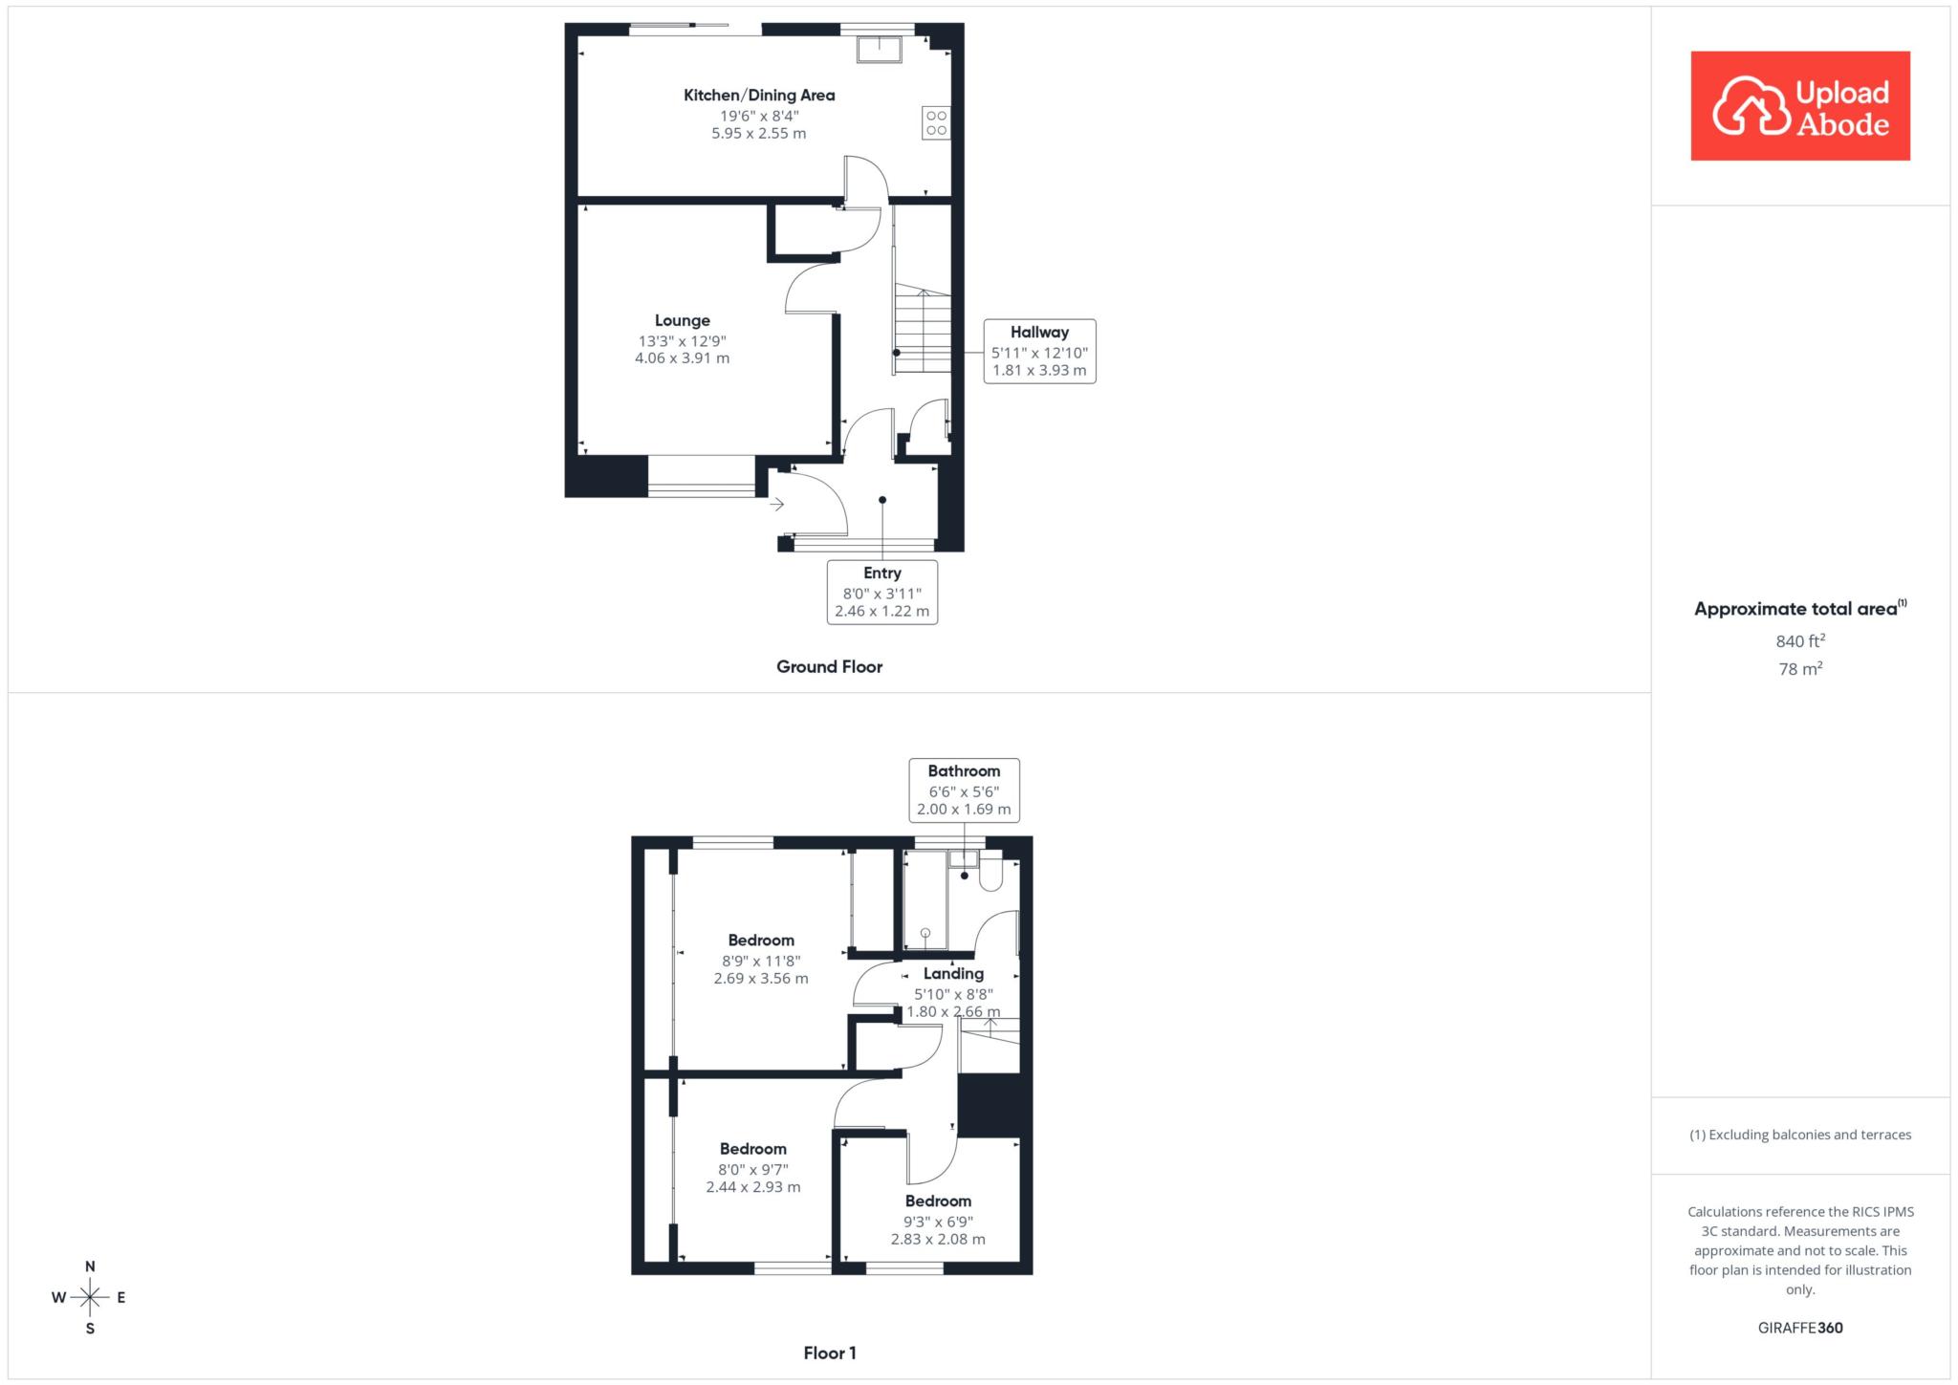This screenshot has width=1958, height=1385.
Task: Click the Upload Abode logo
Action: pyautogui.click(x=1800, y=106)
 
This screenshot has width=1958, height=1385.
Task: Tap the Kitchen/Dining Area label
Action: pyautogui.click(x=759, y=95)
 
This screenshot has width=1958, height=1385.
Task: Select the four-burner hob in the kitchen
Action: pyautogui.click(x=936, y=123)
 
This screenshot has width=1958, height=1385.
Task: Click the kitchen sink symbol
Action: pyautogui.click(x=879, y=49)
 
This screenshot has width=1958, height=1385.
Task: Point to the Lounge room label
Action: pyautogui.click(x=683, y=320)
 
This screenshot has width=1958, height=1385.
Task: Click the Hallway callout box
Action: pyautogui.click(x=1039, y=351)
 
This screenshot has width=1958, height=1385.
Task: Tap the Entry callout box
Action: pyautogui.click(x=882, y=592)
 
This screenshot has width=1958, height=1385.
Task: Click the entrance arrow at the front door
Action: pyautogui.click(x=777, y=504)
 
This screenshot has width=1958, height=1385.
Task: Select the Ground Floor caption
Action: pyautogui.click(x=829, y=666)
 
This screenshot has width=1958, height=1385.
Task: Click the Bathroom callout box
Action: pyautogui.click(x=964, y=790)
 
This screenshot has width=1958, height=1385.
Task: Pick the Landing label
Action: pyautogui.click(x=953, y=973)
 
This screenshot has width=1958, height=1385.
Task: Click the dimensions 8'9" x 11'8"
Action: pyautogui.click(x=761, y=961)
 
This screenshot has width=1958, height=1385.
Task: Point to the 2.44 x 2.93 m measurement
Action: pyautogui.click(x=753, y=1186)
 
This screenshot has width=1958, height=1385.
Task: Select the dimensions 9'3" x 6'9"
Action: pyautogui.click(x=938, y=1221)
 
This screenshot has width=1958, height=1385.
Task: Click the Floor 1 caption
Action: pyautogui.click(x=830, y=1353)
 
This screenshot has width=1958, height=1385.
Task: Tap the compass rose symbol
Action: pyautogui.click(x=90, y=1297)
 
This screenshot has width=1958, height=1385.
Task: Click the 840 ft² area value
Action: pyautogui.click(x=1800, y=640)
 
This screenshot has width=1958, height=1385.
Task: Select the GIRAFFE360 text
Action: pyautogui.click(x=1800, y=1328)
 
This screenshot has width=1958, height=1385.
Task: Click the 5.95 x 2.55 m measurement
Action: pyautogui.click(x=759, y=133)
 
